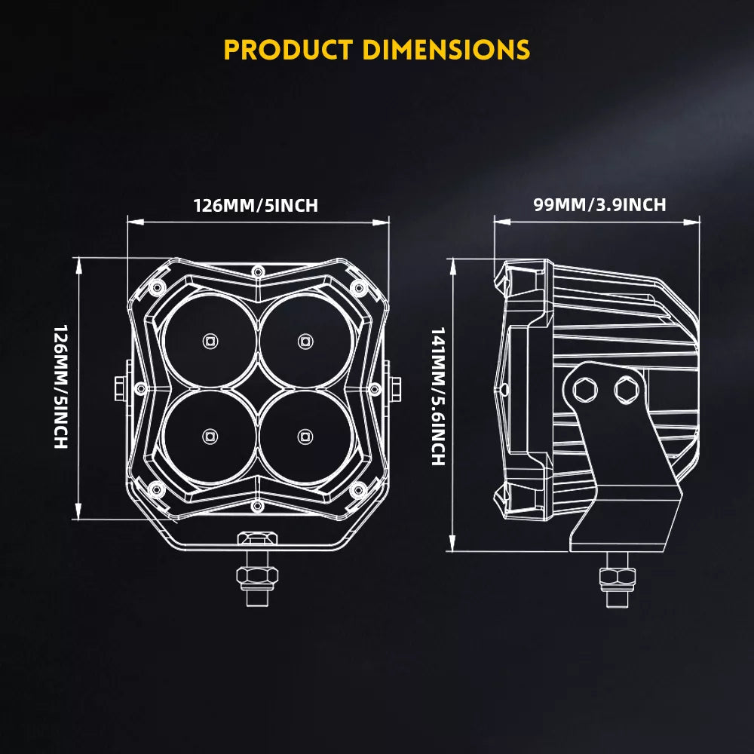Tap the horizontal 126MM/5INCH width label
tap(256, 205)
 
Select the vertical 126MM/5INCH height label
tap(61, 387)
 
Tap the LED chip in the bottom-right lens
tap(304, 435)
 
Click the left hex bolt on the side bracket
tap(584, 389)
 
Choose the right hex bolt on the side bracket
tap(625, 389)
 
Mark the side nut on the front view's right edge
tap(394, 388)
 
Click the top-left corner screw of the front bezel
tap(157, 287)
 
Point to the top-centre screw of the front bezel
tap(257, 270)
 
